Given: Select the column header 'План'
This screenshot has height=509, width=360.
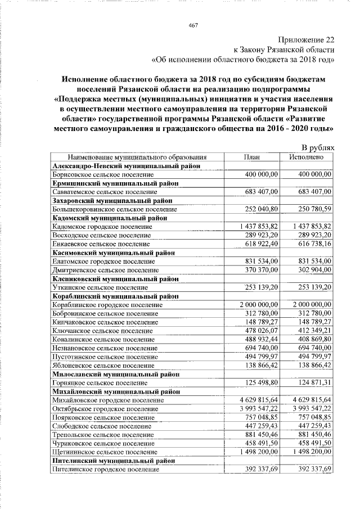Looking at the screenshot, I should tap(251, 157).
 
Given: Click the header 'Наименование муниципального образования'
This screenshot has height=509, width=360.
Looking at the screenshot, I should tap(133, 157).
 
